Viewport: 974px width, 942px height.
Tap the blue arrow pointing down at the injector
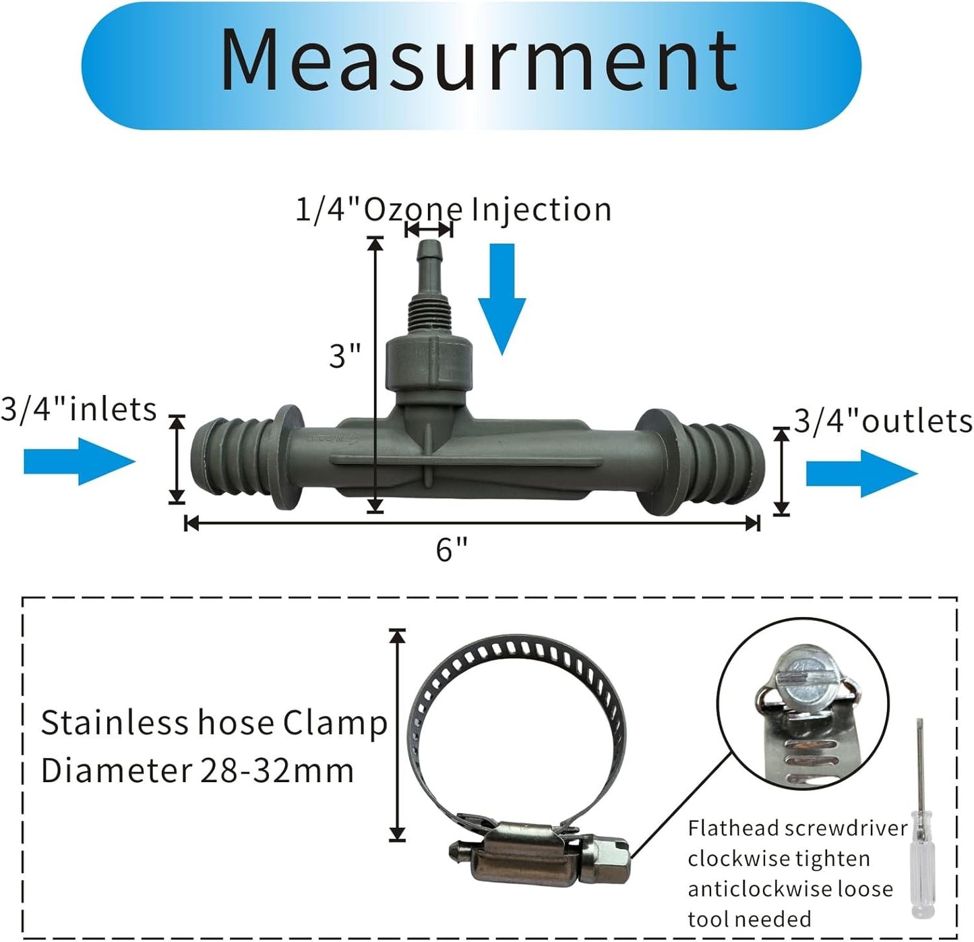(501, 297)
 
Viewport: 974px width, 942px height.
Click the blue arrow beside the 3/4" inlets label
(80, 462)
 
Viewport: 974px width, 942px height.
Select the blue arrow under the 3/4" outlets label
(861, 474)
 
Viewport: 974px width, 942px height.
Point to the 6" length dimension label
(452, 550)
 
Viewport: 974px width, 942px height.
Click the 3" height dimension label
(344, 355)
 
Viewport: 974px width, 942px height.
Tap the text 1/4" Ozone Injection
(454, 209)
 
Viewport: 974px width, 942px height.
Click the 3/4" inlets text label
(78, 409)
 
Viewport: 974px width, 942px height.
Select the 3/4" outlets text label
(883, 421)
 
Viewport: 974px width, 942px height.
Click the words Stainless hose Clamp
(214, 723)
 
